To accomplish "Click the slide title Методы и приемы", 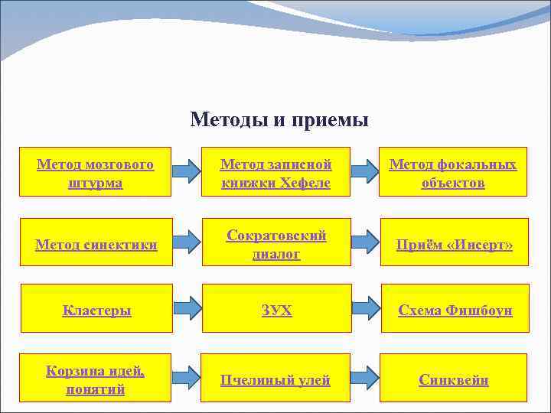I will tap(279, 120).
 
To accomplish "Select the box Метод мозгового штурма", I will tap(96, 173).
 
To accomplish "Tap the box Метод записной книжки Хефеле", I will tap(275, 173).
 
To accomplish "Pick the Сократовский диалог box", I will tap(275, 244).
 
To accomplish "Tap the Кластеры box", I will tap(96, 310).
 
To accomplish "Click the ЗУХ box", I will tap(275, 310).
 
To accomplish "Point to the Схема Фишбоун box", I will tap(455, 310).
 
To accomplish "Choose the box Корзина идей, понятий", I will tap(96, 379).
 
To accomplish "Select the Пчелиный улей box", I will tap(275, 379).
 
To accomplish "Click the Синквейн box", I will tap(454, 379).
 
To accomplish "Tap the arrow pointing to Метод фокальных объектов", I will tap(366, 171).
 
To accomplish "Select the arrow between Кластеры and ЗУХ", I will tap(186, 308).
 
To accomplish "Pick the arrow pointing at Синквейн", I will tap(366, 377).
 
